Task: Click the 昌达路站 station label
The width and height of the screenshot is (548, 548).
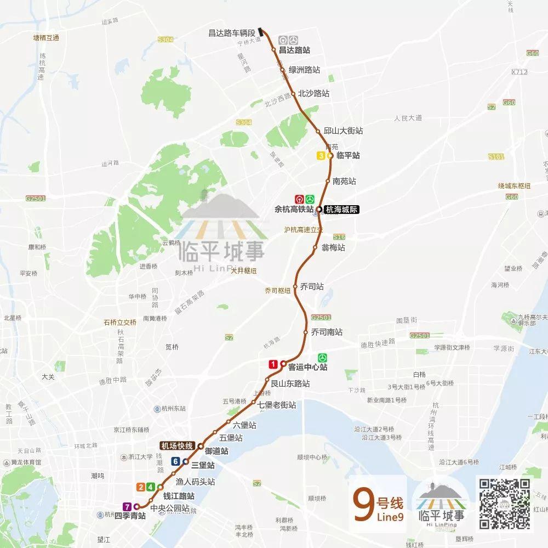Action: click(x=294, y=50)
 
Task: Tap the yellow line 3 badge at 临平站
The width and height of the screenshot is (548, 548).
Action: click(x=321, y=156)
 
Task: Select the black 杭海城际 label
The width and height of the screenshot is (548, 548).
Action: click(x=341, y=210)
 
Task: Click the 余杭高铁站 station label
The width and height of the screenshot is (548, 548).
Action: click(x=294, y=210)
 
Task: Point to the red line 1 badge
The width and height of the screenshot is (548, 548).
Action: click(x=273, y=364)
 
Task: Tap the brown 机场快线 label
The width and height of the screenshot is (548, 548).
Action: click(x=176, y=445)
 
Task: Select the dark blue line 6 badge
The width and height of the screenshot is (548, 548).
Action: click(x=175, y=461)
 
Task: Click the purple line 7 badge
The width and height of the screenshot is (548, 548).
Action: click(x=127, y=506)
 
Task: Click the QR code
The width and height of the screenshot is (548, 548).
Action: click(x=505, y=504)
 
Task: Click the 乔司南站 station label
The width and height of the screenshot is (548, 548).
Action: click(x=327, y=332)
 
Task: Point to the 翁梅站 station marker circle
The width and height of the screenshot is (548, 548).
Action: click(x=315, y=247)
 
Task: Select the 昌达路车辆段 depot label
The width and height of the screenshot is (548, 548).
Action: click(x=232, y=33)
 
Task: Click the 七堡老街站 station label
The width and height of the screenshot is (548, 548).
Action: click(x=277, y=405)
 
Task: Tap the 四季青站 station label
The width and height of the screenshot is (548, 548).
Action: click(x=130, y=516)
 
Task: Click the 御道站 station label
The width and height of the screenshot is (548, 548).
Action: click(x=216, y=451)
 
